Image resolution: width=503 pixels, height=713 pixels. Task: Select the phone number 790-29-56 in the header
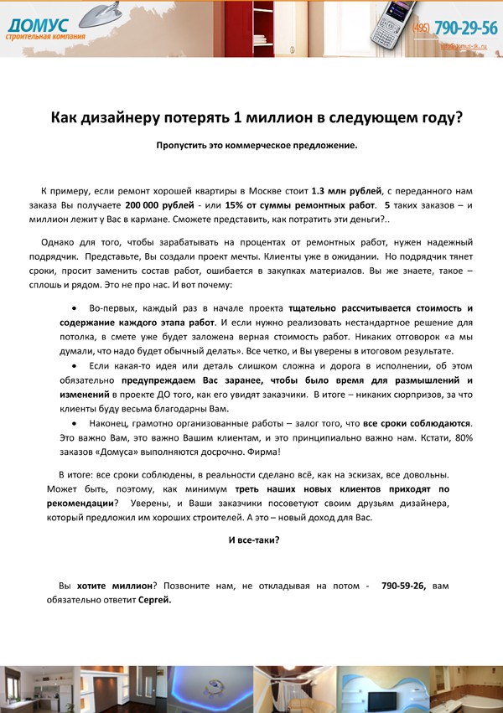(x=465, y=28)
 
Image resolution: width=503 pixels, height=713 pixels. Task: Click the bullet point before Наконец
(x=75, y=424)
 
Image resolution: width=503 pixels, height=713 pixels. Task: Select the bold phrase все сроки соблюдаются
(x=417, y=424)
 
